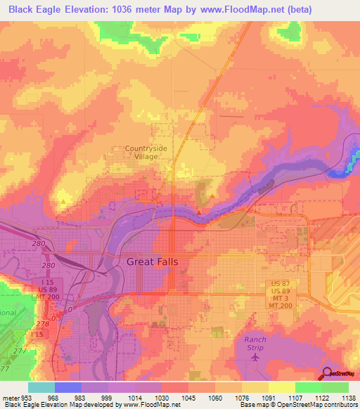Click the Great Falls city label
pyautogui.click(x=152, y=261)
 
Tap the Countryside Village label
pyautogui.click(x=147, y=152)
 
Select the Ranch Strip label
pyautogui.click(x=255, y=344)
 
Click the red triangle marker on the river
pyautogui.click(x=199, y=211)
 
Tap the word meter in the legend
pyautogui.click(x=11, y=397)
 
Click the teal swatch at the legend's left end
pyautogui.click(x=41, y=387)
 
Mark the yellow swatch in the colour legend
pyautogui.click(x=282, y=387)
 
